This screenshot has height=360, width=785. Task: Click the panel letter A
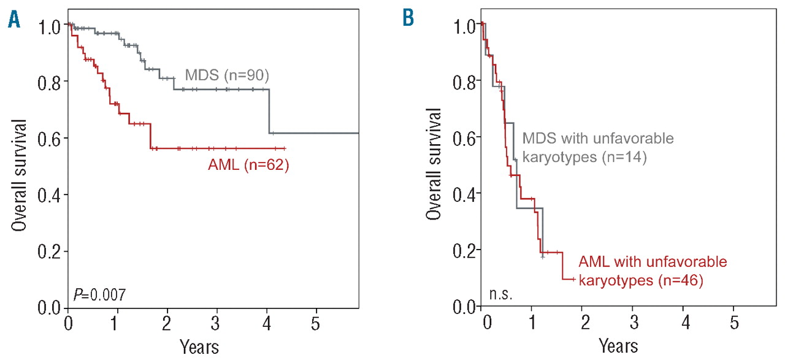click(x=13, y=20)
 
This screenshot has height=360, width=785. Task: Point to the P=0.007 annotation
click(x=99, y=296)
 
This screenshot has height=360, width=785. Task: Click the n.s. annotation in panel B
click(x=500, y=296)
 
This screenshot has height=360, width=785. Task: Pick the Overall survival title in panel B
click(x=435, y=164)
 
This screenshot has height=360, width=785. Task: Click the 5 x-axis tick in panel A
click(x=315, y=323)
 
